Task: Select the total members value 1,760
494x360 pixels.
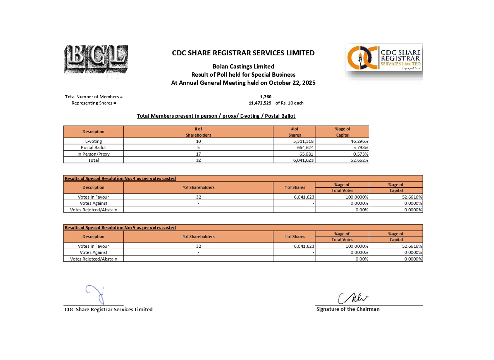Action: click(x=265, y=97)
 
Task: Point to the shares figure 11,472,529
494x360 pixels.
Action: click(x=260, y=103)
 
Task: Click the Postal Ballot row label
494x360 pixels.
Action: click(x=93, y=147)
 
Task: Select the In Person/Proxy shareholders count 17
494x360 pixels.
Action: click(x=198, y=154)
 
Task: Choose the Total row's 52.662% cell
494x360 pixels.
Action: click(x=359, y=160)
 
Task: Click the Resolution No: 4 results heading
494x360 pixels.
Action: click(x=120, y=178)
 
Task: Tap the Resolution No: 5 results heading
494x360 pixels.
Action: click(x=120, y=228)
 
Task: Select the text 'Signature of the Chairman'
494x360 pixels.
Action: click(x=348, y=309)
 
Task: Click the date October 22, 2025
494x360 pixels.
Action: click(x=292, y=83)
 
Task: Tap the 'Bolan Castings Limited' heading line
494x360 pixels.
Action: click(x=243, y=67)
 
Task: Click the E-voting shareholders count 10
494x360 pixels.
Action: click(x=198, y=141)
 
